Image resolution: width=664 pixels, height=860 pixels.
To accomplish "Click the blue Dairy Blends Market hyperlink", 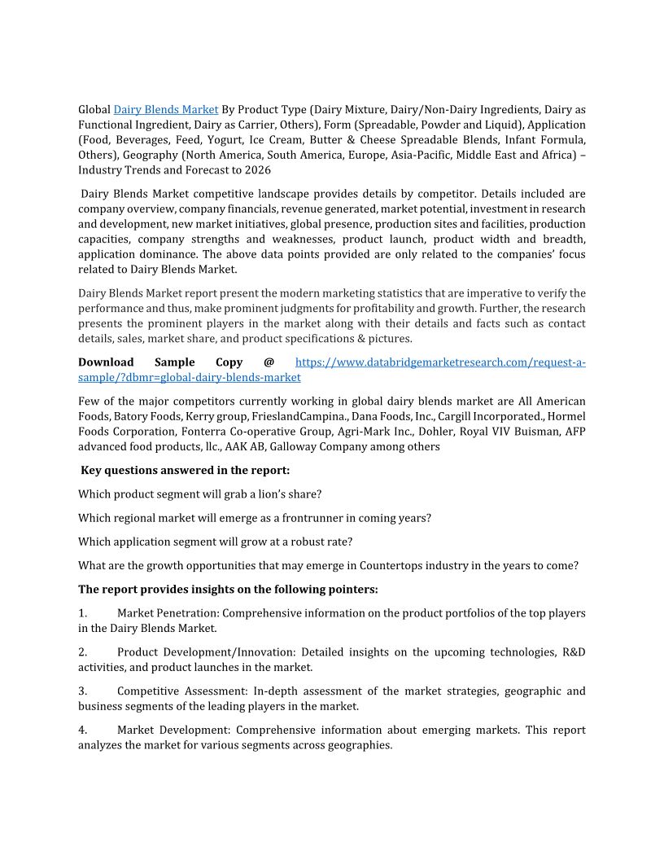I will click(166, 109).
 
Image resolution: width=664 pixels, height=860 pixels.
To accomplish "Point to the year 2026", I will click(257, 171).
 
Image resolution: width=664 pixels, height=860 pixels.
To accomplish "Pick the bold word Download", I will click(106, 362).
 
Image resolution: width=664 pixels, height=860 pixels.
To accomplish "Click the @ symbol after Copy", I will click(269, 362).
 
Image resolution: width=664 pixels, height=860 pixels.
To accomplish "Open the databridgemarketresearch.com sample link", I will click(439, 362).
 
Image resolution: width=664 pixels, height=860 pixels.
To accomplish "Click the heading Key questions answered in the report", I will click(186, 471).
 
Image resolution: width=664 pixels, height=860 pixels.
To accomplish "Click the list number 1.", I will click(82, 613).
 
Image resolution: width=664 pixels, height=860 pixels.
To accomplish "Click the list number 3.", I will click(82, 691).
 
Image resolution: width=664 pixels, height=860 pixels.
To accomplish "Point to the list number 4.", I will click(82, 731).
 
